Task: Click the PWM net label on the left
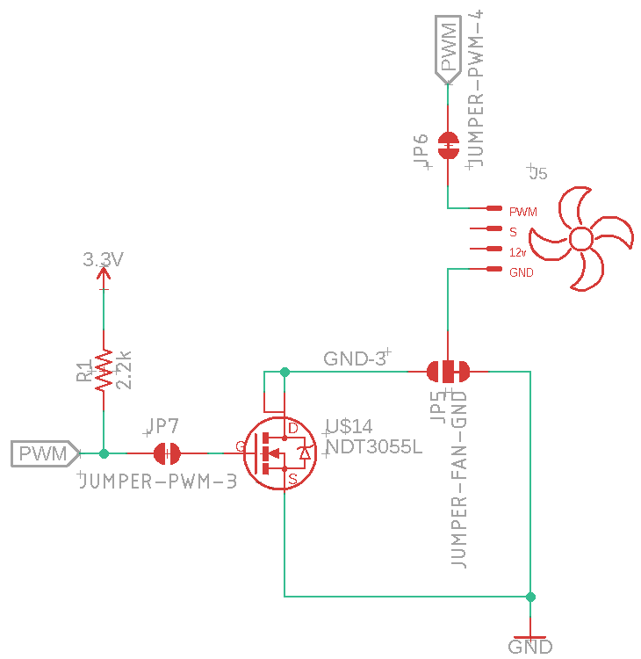tap(44, 453)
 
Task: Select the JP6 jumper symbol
tap(449, 146)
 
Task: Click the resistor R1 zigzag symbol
tap(104, 370)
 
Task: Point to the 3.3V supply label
tap(103, 260)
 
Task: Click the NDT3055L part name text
tap(374, 446)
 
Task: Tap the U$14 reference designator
tap(349, 427)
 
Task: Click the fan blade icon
tap(582, 237)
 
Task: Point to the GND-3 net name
tap(355, 358)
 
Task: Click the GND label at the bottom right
tap(530, 647)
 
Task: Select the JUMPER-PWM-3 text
tap(158, 482)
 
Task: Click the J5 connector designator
tap(537, 173)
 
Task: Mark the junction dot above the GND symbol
tap(530, 597)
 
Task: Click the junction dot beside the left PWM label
tap(104, 453)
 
